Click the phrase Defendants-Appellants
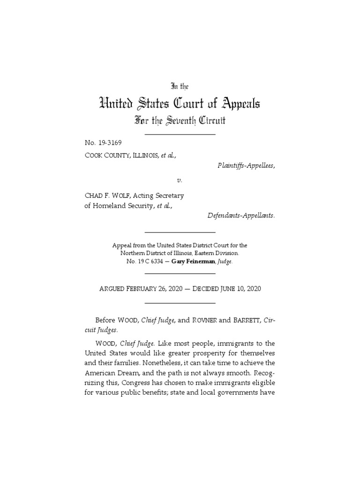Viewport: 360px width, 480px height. pyautogui.click(x=241, y=216)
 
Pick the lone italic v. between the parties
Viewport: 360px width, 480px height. pyautogui.click(x=180, y=180)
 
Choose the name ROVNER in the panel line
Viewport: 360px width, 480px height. pyautogui.click(x=203, y=320)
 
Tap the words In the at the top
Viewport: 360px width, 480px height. pyautogui.click(x=180, y=86)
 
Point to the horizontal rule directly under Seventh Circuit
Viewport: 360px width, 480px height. pyautogui.click(x=180, y=135)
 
